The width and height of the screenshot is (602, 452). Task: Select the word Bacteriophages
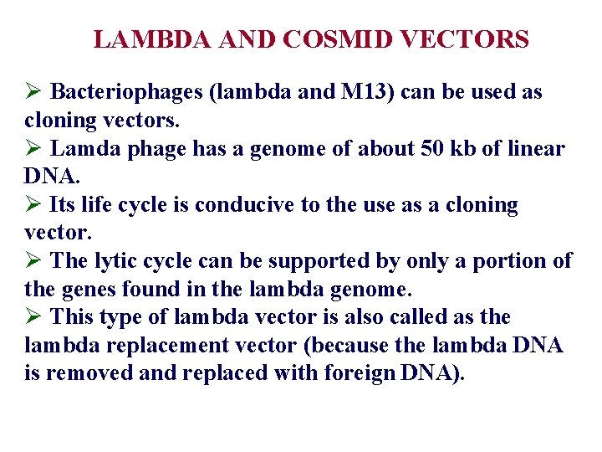pyautogui.click(x=128, y=93)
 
